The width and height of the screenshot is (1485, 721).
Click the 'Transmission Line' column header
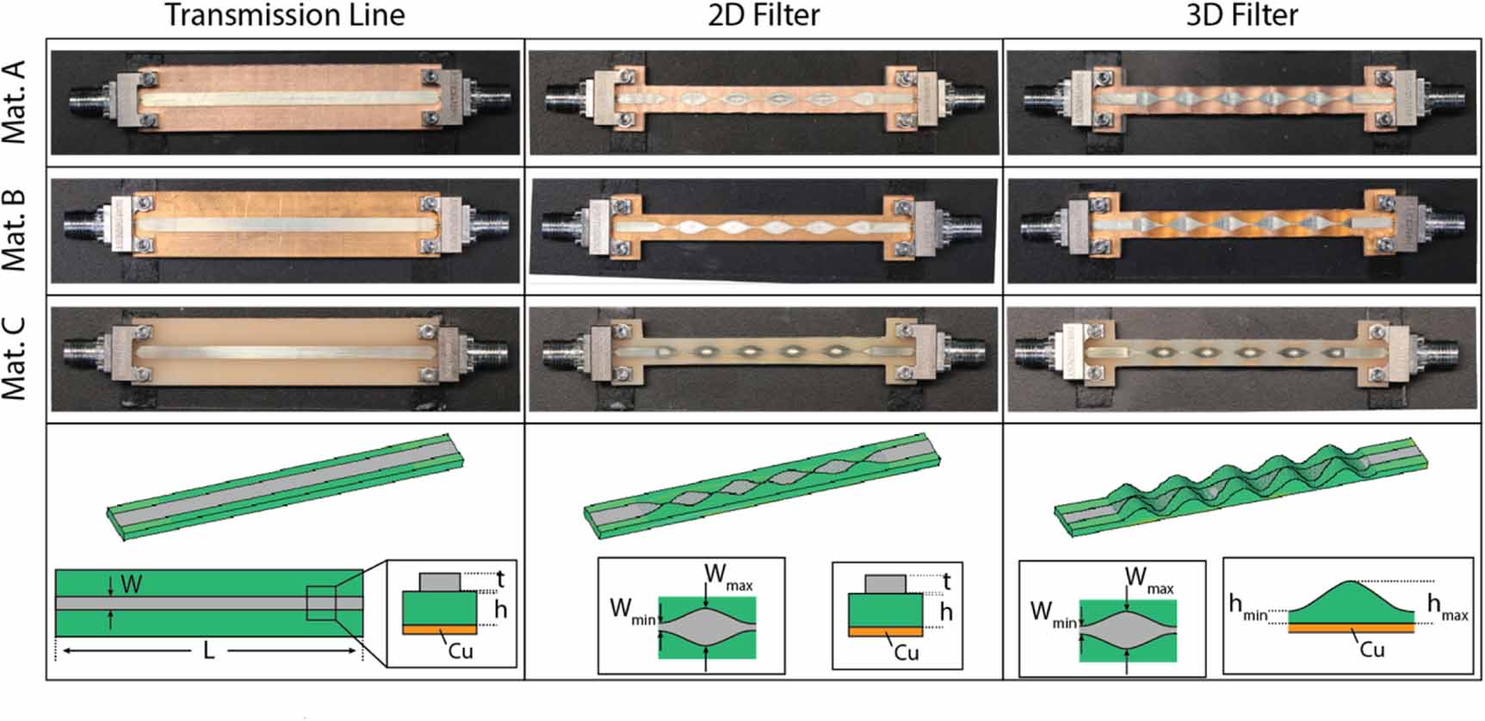(284, 16)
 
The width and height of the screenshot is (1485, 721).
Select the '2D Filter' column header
(764, 16)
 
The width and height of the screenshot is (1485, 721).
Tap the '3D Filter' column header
(1241, 16)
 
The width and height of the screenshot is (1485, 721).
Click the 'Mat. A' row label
(15, 102)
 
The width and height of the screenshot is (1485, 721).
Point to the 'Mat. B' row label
(15, 230)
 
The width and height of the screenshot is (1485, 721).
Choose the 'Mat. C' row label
(15, 358)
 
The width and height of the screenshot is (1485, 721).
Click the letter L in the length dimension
(208, 651)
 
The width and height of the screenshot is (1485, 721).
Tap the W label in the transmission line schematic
(131, 585)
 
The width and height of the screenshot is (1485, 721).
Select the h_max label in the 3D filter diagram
(1447, 606)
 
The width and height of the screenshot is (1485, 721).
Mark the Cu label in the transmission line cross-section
(461, 650)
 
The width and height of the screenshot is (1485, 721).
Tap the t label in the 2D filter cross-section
(947, 581)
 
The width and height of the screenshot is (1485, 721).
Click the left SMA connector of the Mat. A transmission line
(86, 102)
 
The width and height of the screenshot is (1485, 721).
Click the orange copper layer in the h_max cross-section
(1351, 628)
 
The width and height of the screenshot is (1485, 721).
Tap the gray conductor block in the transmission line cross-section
(439, 581)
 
